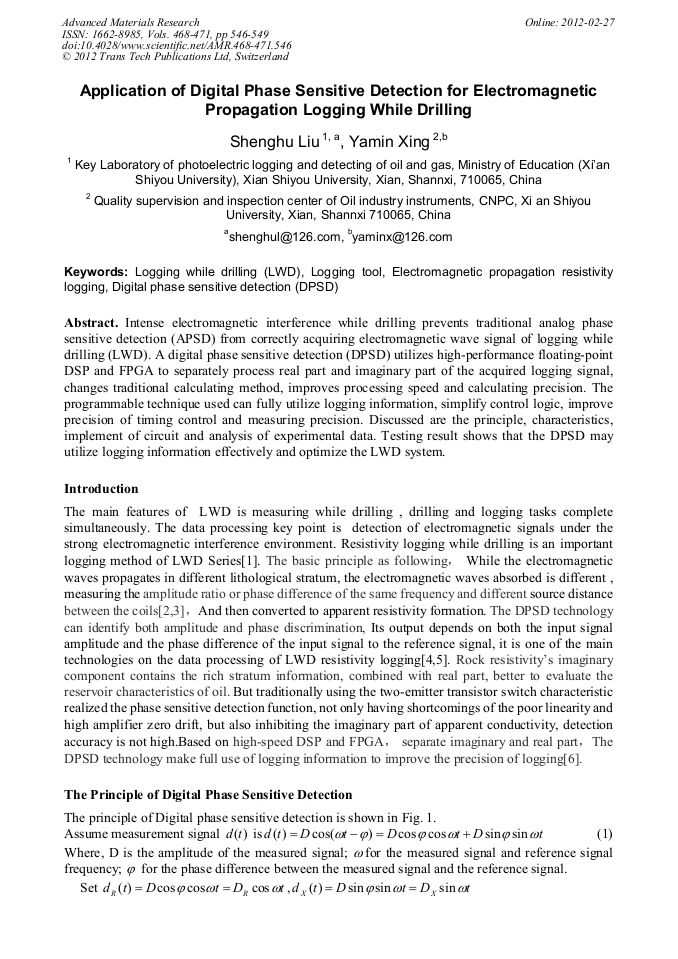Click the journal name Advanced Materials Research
(x=130, y=21)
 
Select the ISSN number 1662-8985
(x=118, y=33)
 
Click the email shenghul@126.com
(x=284, y=237)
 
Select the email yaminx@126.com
(x=402, y=237)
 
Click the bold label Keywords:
(x=96, y=272)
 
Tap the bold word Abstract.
(x=93, y=323)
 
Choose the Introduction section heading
(x=101, y=489)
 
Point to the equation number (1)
(x=604, y=833)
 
